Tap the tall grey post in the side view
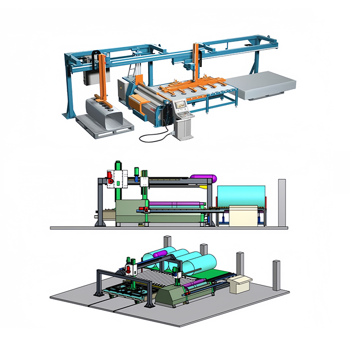[282, 202]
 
